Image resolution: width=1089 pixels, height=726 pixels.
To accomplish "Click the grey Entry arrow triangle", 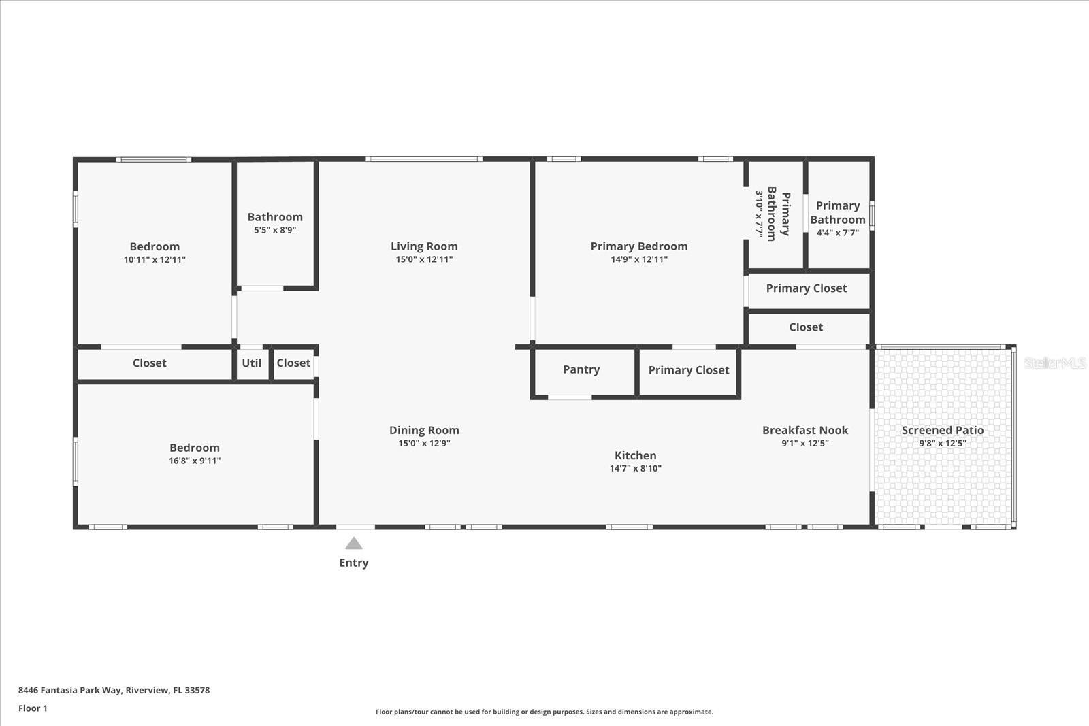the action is coord(354,543).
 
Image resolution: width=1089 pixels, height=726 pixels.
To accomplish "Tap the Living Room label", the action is coord(424,246).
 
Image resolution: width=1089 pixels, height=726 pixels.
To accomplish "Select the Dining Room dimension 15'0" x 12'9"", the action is coord(425,443).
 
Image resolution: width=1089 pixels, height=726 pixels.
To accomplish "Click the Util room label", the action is coord(251,363).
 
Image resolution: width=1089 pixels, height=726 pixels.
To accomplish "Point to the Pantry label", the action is coord(581,369).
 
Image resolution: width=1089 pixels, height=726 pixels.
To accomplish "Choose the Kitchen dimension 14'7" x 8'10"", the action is coord(636,468).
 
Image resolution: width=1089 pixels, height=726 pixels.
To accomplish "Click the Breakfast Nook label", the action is coord(805,430).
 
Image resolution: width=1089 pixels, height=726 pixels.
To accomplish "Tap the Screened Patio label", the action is coord(943,430).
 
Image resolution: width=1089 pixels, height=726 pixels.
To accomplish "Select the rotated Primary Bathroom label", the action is coord(779,214).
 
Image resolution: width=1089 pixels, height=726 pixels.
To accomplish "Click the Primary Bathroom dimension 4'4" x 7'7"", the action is coord(838,233).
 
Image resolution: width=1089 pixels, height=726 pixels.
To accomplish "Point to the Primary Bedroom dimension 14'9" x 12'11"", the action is coord(639,259).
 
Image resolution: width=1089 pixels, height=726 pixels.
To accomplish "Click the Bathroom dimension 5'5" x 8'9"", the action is coord(275,230).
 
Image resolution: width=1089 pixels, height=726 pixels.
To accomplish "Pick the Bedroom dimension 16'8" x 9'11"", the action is coord(195,461).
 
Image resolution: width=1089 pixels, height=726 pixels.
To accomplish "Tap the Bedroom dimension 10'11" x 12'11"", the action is coord(155,259).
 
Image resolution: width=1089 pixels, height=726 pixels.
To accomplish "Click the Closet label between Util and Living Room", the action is coord(293,363).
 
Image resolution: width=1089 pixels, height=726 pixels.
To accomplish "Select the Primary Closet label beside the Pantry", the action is coord(689,370).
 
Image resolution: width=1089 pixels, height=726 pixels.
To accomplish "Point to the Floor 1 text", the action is coord(33,708).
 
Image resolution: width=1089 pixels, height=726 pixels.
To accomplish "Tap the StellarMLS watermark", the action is coord(1055,363).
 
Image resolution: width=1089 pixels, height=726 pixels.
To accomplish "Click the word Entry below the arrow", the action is coord(354,563).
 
